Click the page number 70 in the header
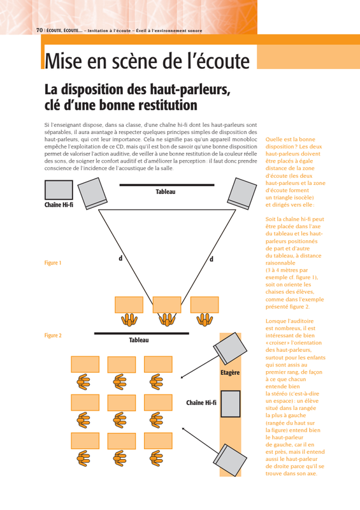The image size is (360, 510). [x=40, y=30]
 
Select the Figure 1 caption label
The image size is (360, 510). [x=53, y=263]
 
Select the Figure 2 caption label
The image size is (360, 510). [x=53, y=335]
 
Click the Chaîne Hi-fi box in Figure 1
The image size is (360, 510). [x=59, y=190]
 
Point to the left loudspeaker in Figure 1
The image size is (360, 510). [x=92, y=193]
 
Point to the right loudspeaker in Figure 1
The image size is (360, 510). [x=242, y=193]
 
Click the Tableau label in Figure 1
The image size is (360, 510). [x=166, y=192]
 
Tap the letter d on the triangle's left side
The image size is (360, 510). [x=120, y=258]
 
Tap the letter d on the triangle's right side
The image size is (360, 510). [x=212, y=259]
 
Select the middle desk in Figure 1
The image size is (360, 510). [x=167, y=305]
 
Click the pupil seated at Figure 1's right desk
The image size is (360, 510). [x=205, y=320]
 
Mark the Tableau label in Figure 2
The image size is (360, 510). [x=139, y=340]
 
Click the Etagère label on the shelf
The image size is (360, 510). [x=230, y=372]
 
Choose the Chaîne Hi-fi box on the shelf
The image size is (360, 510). [x=231, y=404]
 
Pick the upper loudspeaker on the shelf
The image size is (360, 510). [x=230, y=348]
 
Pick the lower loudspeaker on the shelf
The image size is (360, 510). [x=230, y=460]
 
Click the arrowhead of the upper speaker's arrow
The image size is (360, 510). [x=182, y=377]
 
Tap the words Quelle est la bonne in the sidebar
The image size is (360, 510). [x=291, y=139]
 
